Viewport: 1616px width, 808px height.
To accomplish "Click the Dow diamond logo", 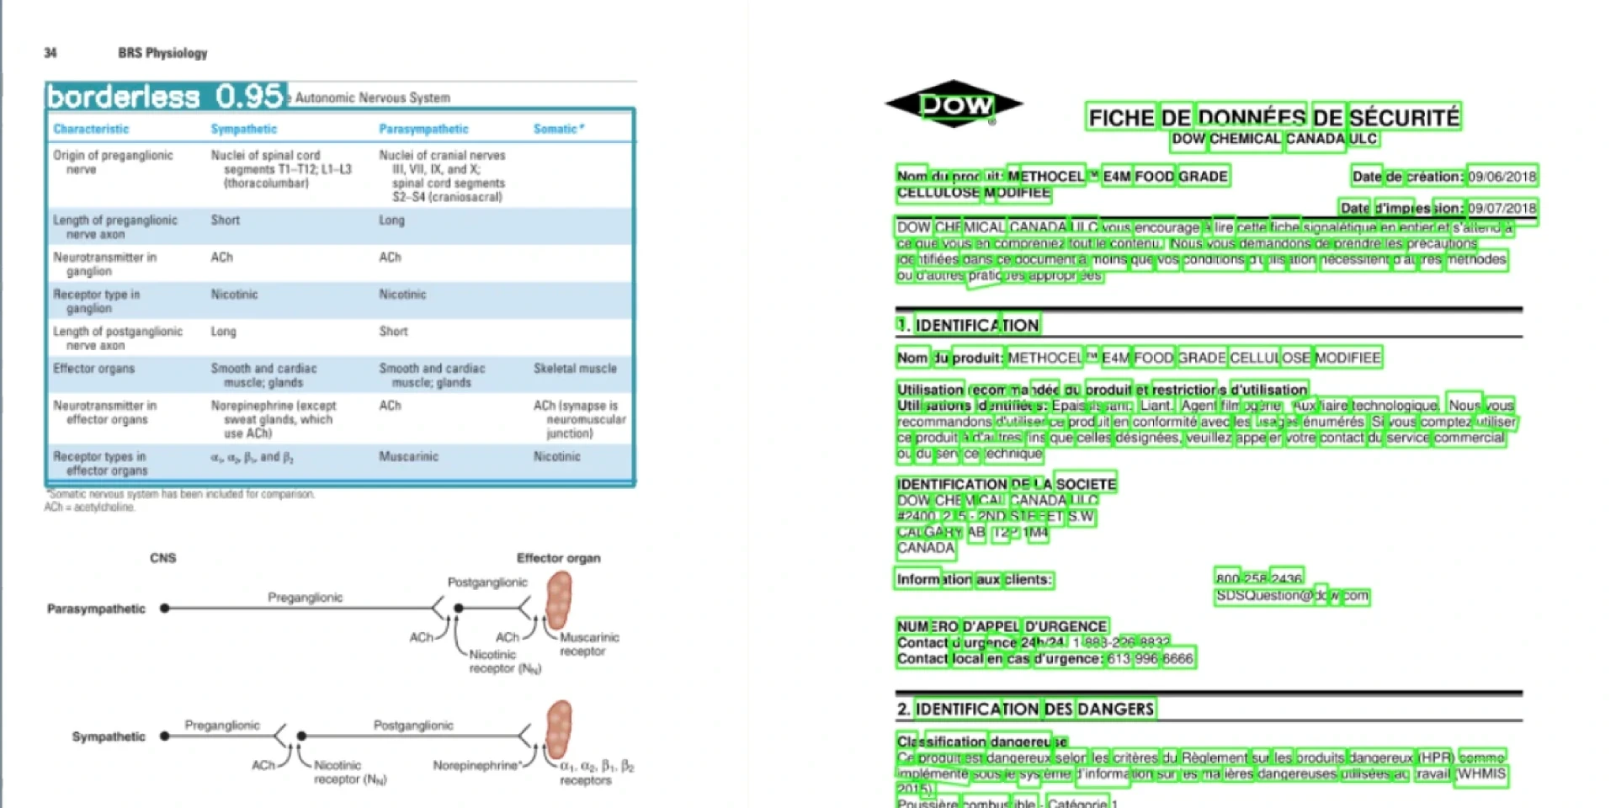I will coord(954,104).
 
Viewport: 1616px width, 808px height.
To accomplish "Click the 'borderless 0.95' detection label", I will coord(166,97).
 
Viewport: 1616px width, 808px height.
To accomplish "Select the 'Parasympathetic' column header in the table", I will coord(423,129).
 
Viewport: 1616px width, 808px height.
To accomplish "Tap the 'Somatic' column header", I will coord(557,129).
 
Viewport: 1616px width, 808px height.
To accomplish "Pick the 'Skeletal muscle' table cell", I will coord(575,369).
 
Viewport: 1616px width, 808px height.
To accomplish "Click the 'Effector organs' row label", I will coord(94,369).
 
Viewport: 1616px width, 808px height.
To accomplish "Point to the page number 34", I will coord(50,53).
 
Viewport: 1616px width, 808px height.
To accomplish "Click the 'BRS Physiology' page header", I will coord(162,53).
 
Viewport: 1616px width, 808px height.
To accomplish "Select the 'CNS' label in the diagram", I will coord(163,558).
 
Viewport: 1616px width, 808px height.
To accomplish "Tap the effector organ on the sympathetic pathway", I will coord(558,728).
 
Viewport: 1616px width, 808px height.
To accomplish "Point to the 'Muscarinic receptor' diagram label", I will coord(588,644).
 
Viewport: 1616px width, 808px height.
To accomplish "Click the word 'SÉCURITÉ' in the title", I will coord(1404,117).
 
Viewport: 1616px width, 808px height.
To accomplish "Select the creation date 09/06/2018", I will coord(1502,177).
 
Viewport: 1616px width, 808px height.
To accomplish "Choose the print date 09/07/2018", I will coord(1502,208).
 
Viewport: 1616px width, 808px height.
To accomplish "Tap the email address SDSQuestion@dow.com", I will coord(1292,596).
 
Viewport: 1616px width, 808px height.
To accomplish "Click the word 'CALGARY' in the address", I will coord(929,532).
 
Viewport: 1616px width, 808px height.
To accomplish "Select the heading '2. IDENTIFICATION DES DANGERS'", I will coord(1025,710).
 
